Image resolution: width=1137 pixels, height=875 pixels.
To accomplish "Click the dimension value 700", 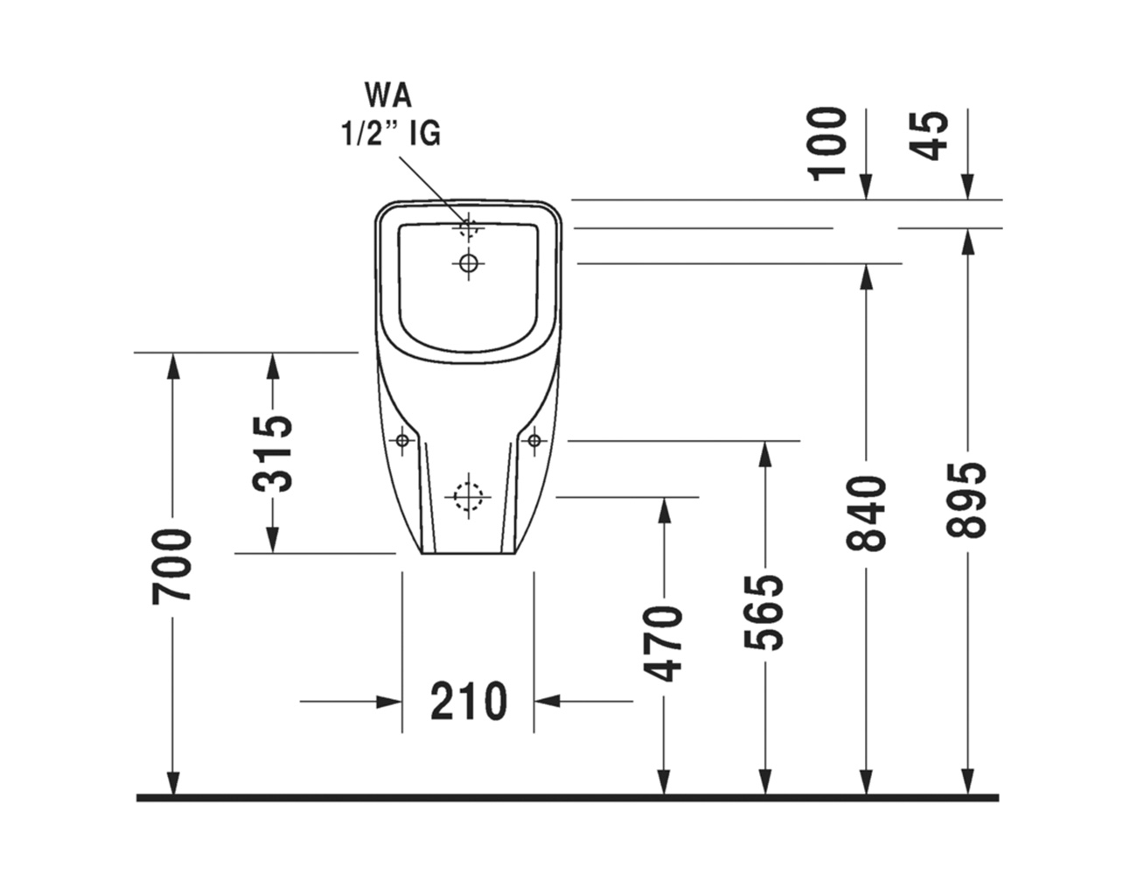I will [x=172, y=566].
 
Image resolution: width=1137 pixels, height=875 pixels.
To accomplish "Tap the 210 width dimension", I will [x=469, y=701].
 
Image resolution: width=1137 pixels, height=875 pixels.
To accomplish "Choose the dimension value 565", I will [x=764, y=612].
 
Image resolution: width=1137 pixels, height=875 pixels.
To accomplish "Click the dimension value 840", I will [x=866, y=514].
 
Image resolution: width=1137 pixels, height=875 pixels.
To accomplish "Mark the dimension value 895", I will [x=966, y=500].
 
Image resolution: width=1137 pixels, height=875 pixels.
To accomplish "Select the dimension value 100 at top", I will [x=827, y=143].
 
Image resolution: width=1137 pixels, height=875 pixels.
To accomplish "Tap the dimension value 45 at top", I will [x=930, y=135].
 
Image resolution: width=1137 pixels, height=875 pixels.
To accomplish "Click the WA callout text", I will [x=388, y=94].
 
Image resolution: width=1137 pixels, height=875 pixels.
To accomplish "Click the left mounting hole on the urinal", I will [x=402, y=440].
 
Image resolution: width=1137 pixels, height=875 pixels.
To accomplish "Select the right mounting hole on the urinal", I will [x=534, y=440].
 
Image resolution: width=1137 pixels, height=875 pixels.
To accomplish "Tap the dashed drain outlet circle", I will [x=468, y=497].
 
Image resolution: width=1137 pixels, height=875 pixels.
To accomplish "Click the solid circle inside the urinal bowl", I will [x=468, y=262].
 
